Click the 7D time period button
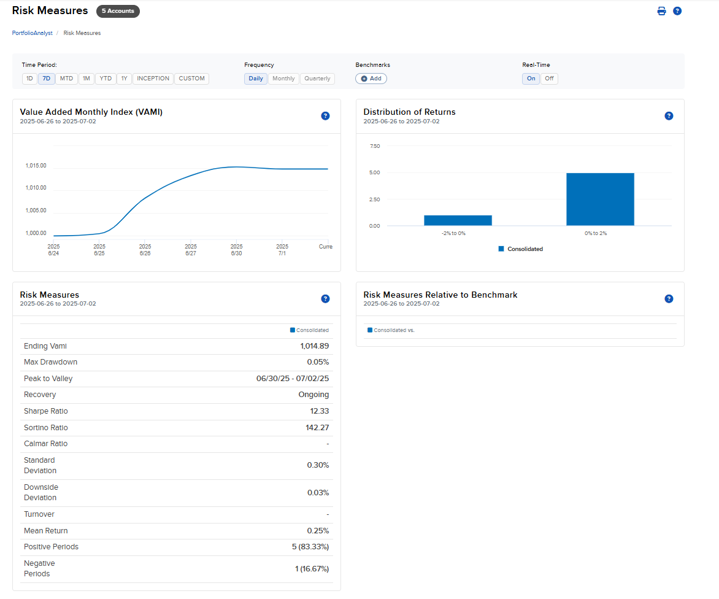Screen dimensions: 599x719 [x=47, y=79]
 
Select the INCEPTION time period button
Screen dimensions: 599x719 [x=153, y=79]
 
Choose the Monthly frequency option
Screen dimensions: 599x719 [x=283, y=79]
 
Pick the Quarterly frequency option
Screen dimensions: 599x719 [x=317, y=79]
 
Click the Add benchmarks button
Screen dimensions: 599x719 [x=371, y=79]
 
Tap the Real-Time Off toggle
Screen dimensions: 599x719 [x=549, y=79]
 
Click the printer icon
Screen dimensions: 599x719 [x=661, y=11]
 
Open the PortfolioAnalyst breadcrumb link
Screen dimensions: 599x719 [x=32, y=33]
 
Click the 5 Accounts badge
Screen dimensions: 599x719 [x=118, y=11]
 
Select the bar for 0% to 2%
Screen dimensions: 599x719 [x=600, y=199]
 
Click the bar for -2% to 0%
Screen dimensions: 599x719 [x=458, y=220]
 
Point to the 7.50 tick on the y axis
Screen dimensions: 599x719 [x=374, y=146]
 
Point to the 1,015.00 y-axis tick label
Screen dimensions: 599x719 [x=36, y=166]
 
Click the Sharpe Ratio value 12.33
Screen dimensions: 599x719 [x=320, y=411]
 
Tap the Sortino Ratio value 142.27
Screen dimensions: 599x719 [x=317, y=428]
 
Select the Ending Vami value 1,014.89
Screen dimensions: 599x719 [x=315, y=346]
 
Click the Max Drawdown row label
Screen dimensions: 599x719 [x=50, y=362]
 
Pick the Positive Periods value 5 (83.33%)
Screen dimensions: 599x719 [x=310, y=547]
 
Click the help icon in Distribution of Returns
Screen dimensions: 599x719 [x=669, y=116]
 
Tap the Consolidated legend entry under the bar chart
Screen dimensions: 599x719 [x=521, y=249]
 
